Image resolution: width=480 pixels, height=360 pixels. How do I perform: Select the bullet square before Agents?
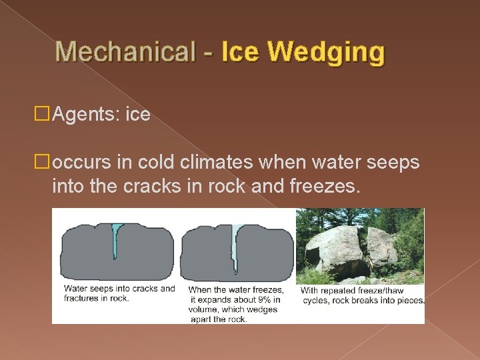coord(44,115)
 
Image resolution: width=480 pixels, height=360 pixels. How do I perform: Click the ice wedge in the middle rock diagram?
coord(235,247)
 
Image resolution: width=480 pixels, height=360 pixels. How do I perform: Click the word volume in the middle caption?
coord(204,309)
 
